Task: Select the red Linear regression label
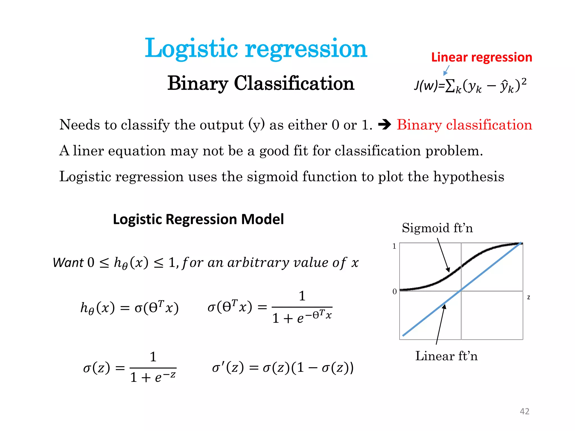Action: tap(482, 57)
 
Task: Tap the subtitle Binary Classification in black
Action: tap(261, 83)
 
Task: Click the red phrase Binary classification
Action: tap(464, 125)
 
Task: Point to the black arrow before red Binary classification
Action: tap(384, 125)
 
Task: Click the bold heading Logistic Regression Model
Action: tap(198, 219)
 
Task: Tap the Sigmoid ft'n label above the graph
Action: tap(437, 228)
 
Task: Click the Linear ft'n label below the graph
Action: tap(446, 356)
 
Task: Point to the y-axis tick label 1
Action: tap(394, 246)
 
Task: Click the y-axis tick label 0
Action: tap(394, 292)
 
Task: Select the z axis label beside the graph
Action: tap(529, 297)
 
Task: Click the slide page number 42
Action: tap(524, 411)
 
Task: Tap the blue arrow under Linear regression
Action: tap(446, 70)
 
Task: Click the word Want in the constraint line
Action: tap(68, 263)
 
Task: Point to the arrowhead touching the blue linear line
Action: tap(444, 306)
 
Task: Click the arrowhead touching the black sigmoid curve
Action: tap(448, 270)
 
